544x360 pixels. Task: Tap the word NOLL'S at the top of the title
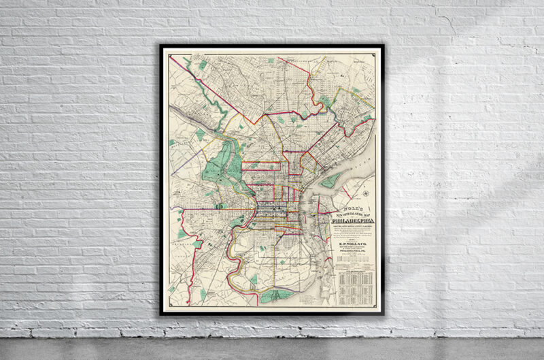pos(352,206)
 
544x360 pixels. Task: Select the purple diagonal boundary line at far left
pos(184,163)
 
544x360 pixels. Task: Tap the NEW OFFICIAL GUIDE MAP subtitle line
pos(352,213)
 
